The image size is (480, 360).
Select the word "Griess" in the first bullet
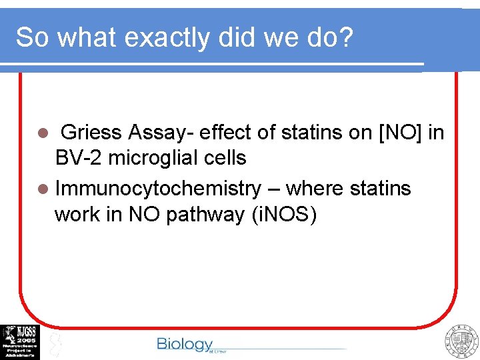click(x=94, y=133)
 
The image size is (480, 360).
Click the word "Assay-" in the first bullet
click(x=160, y=133)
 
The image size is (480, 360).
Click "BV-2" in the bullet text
click(x=77, y=158)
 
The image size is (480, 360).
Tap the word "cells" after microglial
click(x=225, y=158)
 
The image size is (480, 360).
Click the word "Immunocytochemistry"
click(x=158, y=189)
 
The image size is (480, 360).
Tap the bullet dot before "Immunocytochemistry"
click(x=45, y=189)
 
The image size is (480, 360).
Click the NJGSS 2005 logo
click(x=20, y=342)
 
